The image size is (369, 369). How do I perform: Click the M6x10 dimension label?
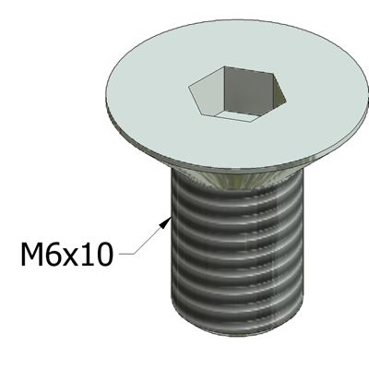pyautogui.click(x=66, y=254)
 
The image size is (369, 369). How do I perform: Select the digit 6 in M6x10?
pyautogui.click(x=53, y=254)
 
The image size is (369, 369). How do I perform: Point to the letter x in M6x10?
pyautogui.click(x=71, y=257)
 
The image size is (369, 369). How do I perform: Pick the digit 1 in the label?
pyautogui.click(x=88, y=254)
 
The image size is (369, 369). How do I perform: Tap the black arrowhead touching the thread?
pyautogui.click(x=166, y=222)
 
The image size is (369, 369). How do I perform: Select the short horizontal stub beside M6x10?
pyautogui.click(x=126, y=254)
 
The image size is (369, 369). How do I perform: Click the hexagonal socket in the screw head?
pyautogui.click(x=237, y=94)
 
